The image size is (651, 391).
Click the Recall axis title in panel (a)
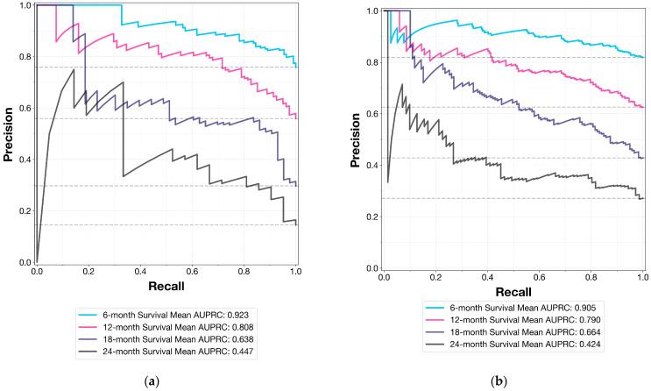point(166,286)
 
